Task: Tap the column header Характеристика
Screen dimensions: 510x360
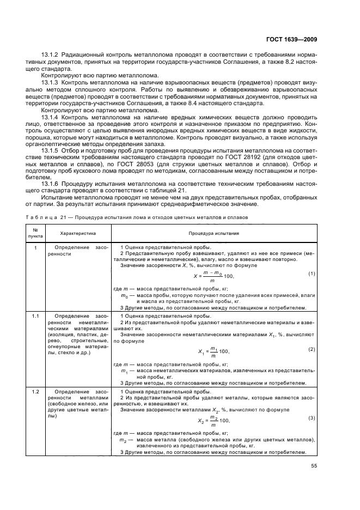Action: pos(78,233)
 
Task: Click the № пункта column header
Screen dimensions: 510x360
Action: pos(35,233)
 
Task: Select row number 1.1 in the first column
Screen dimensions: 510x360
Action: pos(35,315)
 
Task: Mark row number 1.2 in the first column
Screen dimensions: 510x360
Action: pos(35,391)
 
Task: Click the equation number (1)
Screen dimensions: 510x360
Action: pos(312,273)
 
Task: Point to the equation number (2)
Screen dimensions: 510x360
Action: pos(312,349)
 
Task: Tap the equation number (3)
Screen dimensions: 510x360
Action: pos(312,417)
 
